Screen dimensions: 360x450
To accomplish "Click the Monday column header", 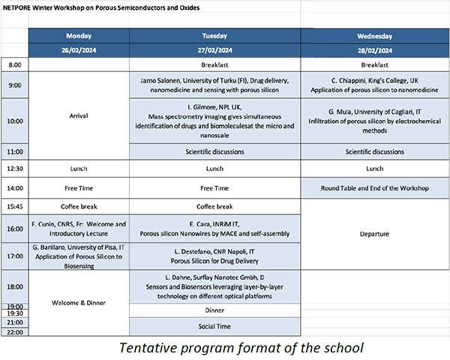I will (79, 36).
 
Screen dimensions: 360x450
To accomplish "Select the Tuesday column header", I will (214, 36).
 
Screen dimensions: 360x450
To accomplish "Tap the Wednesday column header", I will (373, 36).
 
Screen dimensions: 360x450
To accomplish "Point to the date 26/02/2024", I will (79, 50).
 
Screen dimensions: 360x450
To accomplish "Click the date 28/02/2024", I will (373, 50).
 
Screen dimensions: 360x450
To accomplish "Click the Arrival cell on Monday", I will (79, 116).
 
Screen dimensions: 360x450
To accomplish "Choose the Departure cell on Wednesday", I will (373, 234).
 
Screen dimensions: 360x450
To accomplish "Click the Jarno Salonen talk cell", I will (214, 84).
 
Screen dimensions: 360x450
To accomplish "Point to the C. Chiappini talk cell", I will (373, 84).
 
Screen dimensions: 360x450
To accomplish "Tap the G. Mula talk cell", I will (373, 120).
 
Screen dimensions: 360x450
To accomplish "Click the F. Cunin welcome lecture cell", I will (79, 228).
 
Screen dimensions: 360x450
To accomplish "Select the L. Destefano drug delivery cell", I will (214, 256).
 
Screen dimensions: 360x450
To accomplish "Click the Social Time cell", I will (214, 326).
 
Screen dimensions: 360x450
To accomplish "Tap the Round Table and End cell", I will (373, 187).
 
